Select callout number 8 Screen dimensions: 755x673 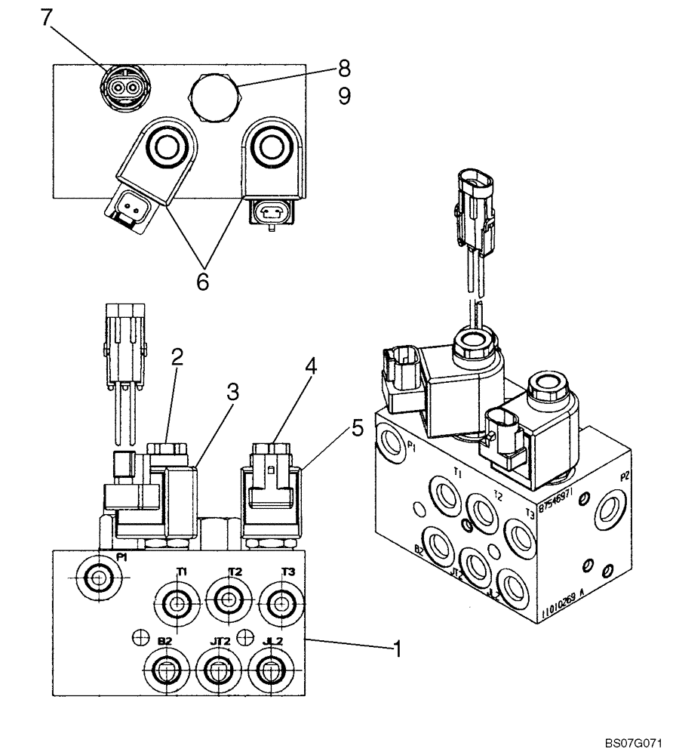tap(344, 69)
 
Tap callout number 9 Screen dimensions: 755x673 tap(344, 97)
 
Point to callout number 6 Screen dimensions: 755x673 tap(202, 282)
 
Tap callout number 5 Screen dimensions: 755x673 tap(357, 428)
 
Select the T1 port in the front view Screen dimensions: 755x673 tap(177, 602)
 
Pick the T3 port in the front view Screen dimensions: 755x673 tap(282, 602)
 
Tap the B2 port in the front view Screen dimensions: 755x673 tap(164, 668)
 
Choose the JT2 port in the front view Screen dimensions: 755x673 tap(217, 668)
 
